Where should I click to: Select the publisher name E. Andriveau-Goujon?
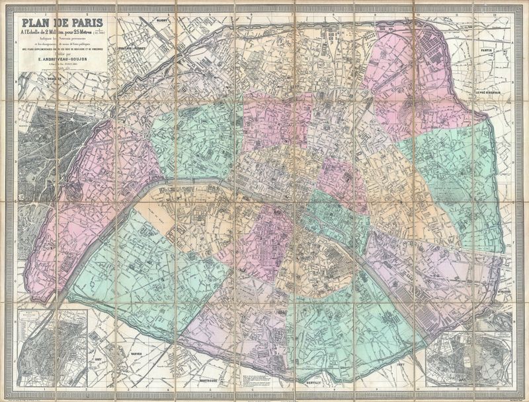pyautogui.click(x=63, y=57)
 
